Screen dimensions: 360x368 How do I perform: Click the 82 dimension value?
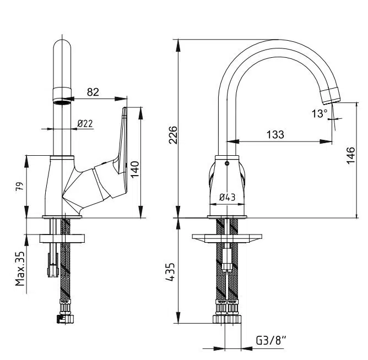coord(93,92)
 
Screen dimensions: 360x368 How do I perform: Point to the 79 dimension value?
coord(19,187)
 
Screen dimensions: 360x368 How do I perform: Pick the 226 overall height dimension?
coord(172,135)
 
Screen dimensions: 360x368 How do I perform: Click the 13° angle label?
coord(319,113)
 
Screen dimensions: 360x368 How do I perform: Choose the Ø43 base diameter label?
coord(227,197)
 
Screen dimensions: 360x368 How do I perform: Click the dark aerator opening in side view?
coord(63,100)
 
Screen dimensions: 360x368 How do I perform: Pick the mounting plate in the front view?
coord(226,238)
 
